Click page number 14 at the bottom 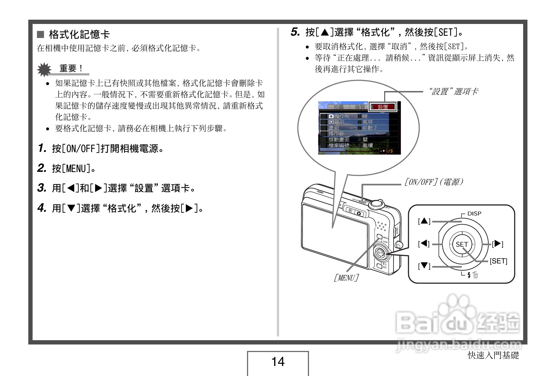(x=278, y=361)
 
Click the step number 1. (x=42, y=148)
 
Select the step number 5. (x=295, y=32)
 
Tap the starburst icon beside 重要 (x=44, y=69)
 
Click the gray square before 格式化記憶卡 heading (x=40, y=34)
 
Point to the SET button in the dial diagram (x=462, y=244)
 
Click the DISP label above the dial (x=474, y=214)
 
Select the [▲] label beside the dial (x=424, y=221)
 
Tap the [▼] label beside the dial (x=424, y=266)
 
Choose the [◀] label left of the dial (x=424, y=244)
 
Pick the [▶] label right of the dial (x=498, y=244)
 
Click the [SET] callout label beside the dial (x=498, y=261)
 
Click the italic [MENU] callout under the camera (x=346, y=278)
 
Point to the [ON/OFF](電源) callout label (x=434, y=182)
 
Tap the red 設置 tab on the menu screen (x=383, y=107)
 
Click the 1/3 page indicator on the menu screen (x=388, y=151)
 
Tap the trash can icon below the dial (x=476, y=275)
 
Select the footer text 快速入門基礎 (x=493, y=355)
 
